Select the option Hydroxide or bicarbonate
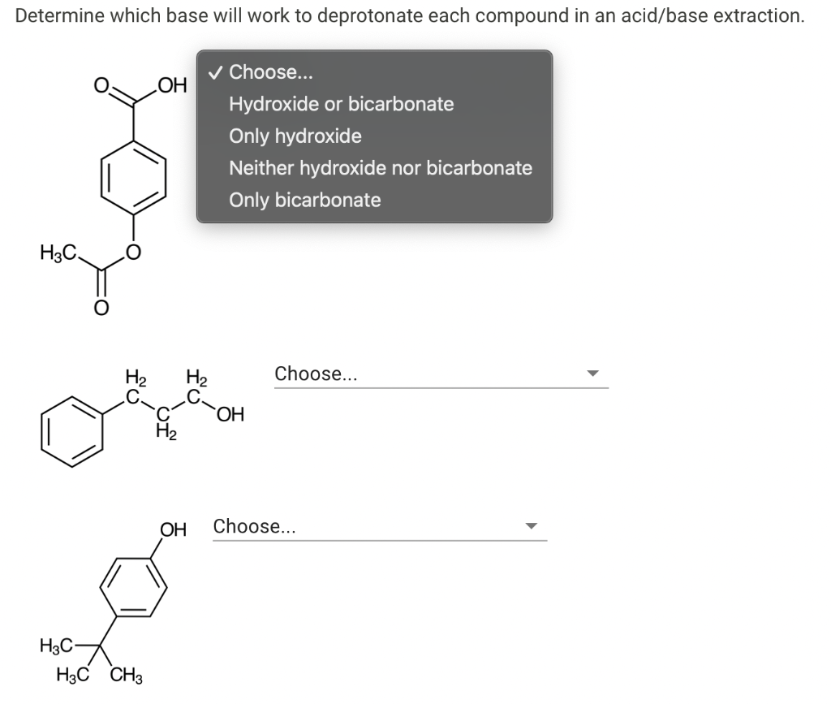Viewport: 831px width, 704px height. coord(341,104)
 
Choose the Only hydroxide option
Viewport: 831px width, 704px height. coord(295,136)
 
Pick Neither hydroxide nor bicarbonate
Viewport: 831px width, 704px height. coord(381,168)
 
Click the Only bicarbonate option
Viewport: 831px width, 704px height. coord(304,200)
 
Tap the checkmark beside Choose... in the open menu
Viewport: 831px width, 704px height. coord(214,72)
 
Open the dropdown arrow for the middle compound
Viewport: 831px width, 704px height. coord(592,374)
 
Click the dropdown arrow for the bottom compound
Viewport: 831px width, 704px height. coord(531,526)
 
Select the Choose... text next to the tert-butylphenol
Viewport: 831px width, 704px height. coord(254,526)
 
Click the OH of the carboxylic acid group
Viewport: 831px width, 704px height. coord(172,85)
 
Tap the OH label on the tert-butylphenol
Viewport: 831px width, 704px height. coord(173,530)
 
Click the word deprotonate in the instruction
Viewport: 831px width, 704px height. coord(365,16)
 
